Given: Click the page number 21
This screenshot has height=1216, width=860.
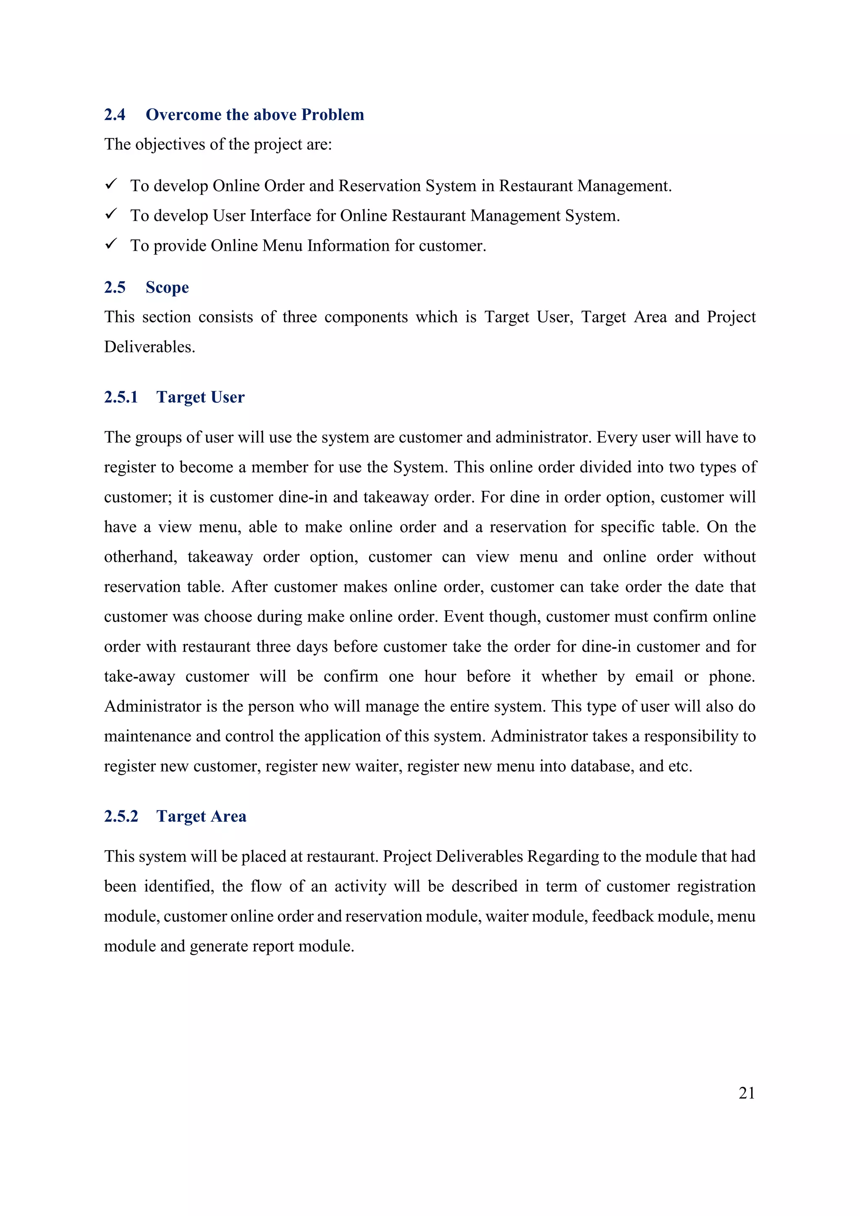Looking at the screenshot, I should [x=746, y=1093].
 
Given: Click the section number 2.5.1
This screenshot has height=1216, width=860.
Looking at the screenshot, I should [x=121, y=397].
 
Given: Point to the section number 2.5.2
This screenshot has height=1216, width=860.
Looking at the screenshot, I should [x=121, y=816].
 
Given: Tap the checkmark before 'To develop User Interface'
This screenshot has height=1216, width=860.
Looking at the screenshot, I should [x=111, y=214].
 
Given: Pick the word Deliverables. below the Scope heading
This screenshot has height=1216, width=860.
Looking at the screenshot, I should [x=149, y=347].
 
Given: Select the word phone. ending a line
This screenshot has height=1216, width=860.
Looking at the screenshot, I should [x=732, y=676].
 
